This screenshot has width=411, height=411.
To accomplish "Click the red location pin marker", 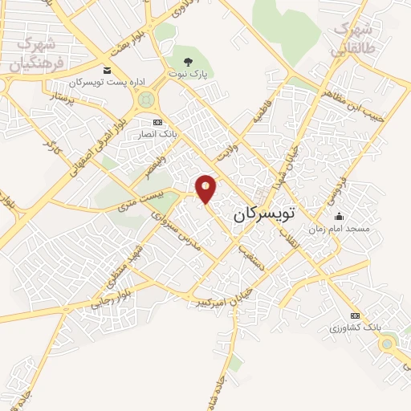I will [206, 189].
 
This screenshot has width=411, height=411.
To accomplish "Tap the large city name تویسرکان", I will [264, 214].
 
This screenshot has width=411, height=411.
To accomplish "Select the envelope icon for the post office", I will [107, 71].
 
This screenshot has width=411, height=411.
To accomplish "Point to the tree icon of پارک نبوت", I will [188, 61].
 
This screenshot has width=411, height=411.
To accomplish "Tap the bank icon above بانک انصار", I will [157, 122].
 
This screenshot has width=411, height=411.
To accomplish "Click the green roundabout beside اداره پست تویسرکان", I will [146, 100].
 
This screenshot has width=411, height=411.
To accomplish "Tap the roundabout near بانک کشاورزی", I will [389, 345].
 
